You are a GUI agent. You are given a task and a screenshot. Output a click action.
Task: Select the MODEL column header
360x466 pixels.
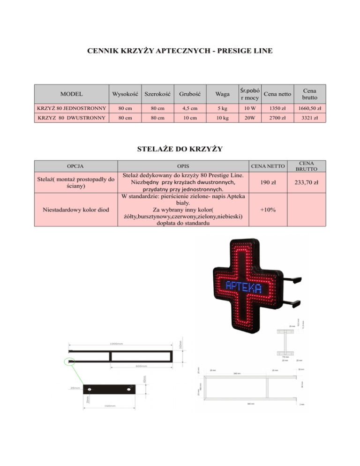coord(71,94)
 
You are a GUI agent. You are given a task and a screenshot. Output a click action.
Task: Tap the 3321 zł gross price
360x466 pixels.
coord(309,118)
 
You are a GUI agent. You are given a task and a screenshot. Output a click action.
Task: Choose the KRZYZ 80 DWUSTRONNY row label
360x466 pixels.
coord(71,118)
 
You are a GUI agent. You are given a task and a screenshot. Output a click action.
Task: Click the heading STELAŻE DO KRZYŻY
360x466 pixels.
coord(180,150)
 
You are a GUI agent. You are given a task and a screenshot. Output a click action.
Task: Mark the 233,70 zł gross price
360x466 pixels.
coord(309,182)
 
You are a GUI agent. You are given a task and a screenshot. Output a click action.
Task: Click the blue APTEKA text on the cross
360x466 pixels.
coord(243,286)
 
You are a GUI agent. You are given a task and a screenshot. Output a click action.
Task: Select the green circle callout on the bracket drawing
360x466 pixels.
coord(69,361)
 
